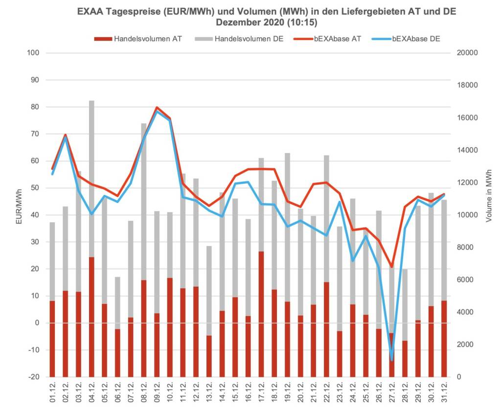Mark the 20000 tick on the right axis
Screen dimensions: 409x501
tap(469, 53)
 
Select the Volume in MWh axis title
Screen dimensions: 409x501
tap(489, 196)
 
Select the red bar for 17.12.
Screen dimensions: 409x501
tap(261, 313)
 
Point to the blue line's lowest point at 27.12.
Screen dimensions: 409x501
tap(391, 360)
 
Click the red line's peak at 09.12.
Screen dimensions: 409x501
tap(157, 108)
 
